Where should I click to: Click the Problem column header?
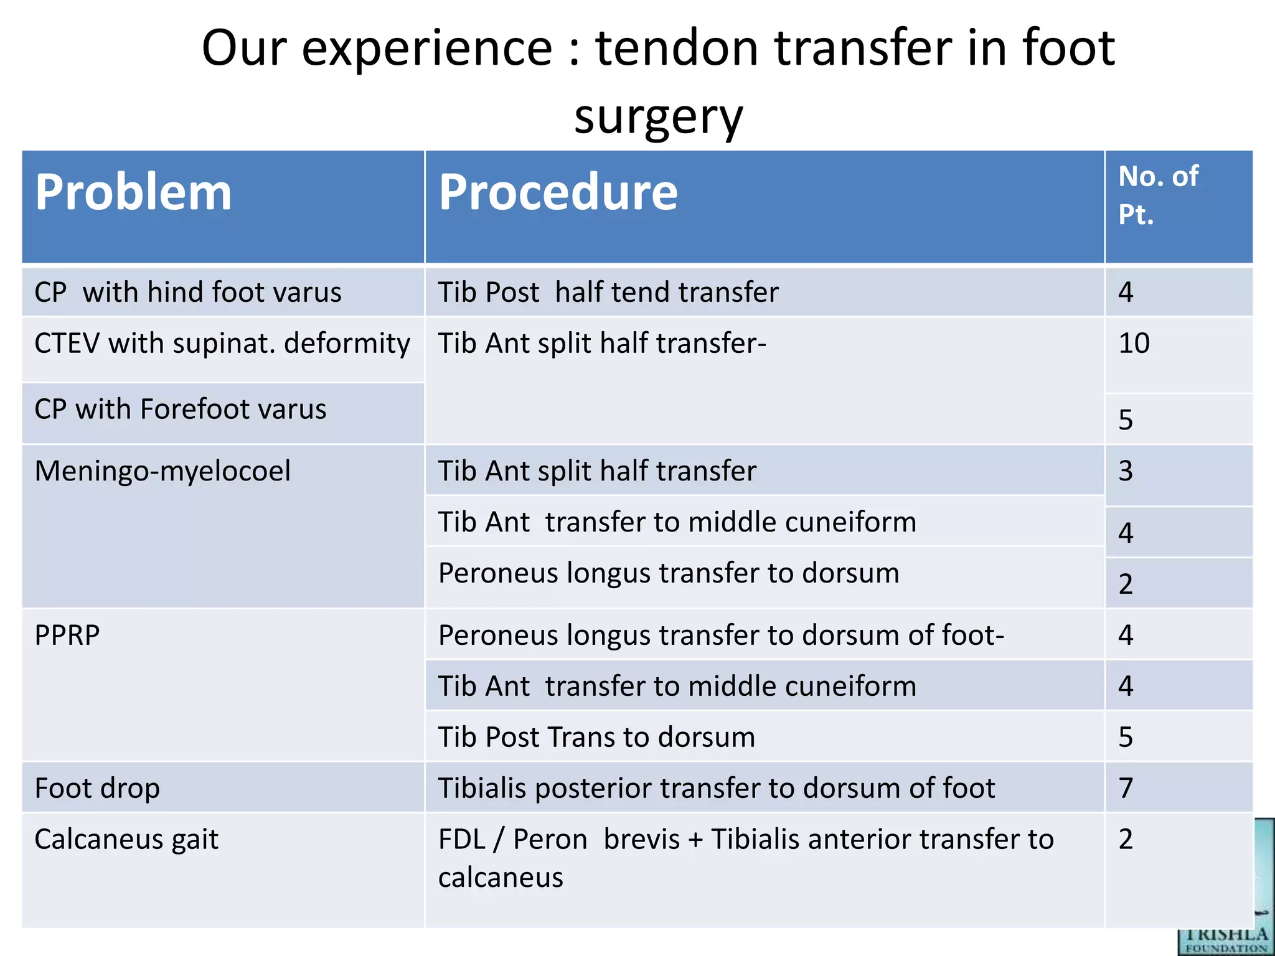pyautogui.click(x=133, y=192)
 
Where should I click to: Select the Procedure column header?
pyautogui.click(x=558, y=192)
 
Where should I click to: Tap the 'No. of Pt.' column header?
pyautogui.click(x=1157, y=195)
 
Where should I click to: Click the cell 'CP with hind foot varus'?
pyautogui.click(x=188, y=292)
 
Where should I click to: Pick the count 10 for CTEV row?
pyautogui.click(x=1134, y=343)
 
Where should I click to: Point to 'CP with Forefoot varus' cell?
pyautogui.click(x=181, y=409)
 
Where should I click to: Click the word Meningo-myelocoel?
pyautogui.click(x=162, y=471)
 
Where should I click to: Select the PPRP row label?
pyautogui.click(x=67, y=635)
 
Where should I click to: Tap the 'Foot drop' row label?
pyautogui.click(x=97, y=788)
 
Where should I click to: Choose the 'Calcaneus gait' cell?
pyautogui.click(x=126, y=839)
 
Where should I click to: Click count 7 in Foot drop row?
pyautogui.click(x=1126, y=788)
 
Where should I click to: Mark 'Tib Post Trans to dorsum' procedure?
pyautogui.click(x=596, y=737)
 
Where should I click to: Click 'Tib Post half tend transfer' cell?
pyautogui.click(x=608, y=292)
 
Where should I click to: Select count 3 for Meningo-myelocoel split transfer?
pyautogui.click(x=1126, y=471)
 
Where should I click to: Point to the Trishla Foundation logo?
pyautogui.click(x=1225, y=934)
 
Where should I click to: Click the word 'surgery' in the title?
pyautogui.click(x=659, y=116)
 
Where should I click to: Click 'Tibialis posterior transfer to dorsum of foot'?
pyautogui.click(x=717, y=788)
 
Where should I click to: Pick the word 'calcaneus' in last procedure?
pyautogui.click(x=501, y=878)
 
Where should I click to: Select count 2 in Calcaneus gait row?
pyautogui.click(x=1126, y=839)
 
